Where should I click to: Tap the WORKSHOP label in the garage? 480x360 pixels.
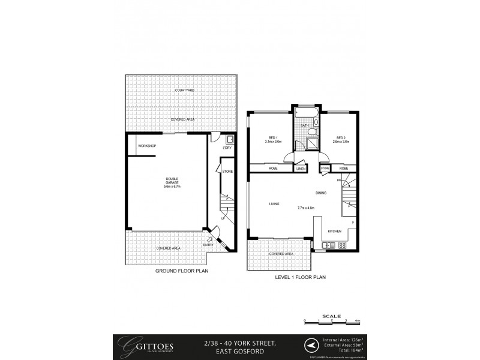tap(147, 146)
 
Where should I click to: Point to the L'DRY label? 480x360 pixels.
tap(227, 148)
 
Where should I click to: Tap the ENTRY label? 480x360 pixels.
tap(208, 244)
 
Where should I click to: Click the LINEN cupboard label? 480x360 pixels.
tap(301, 169)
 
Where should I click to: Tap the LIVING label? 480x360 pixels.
tap(274, 205)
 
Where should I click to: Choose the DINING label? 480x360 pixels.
tap(321, 193)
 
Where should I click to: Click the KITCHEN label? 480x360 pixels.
tap(334, 231)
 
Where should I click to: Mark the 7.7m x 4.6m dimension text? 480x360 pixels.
tap(306, 208)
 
